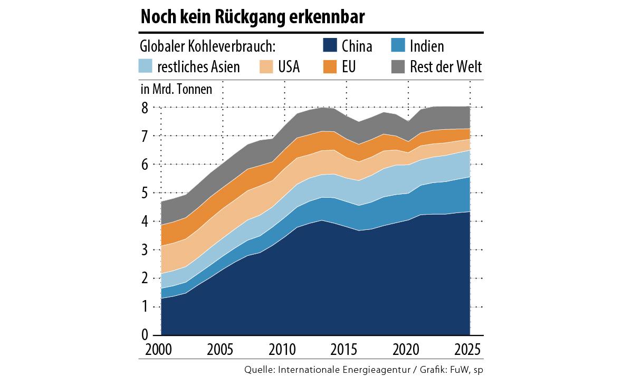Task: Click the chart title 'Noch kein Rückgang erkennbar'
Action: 252,17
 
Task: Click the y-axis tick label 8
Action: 143,107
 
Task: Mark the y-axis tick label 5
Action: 143,193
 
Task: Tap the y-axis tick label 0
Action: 143,336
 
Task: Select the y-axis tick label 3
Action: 143,250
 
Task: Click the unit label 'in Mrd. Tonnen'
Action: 176,89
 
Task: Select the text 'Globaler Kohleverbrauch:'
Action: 208,46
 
